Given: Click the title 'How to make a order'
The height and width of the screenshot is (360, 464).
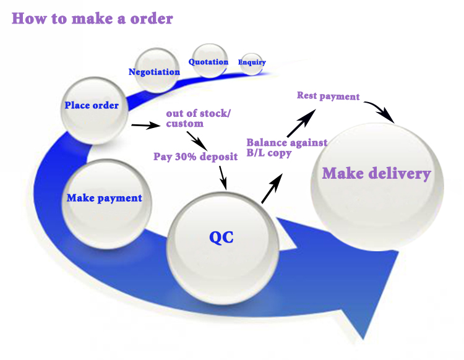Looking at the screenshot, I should (x=93, y=18).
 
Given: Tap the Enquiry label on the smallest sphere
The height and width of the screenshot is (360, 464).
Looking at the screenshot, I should (x=252, y=62).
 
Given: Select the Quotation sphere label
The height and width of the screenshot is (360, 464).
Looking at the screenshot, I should (x=208, y=62).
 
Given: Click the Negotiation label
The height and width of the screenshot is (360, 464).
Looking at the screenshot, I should (x=154, y=72).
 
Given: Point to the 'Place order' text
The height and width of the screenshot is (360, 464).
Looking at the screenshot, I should (x=92, y=105).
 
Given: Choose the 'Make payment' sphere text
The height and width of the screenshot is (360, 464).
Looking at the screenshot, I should (x=104, y=199).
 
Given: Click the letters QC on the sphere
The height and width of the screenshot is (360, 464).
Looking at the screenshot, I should (x=221, y=237).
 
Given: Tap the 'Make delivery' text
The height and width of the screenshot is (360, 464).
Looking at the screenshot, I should (x=376, y=173).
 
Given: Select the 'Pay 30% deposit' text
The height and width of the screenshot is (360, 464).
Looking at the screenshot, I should (x=195, y=156).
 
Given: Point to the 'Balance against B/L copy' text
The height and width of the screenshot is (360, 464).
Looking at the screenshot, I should (x=286, y=148).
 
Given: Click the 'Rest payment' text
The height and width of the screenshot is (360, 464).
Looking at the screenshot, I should (x=328, y=96).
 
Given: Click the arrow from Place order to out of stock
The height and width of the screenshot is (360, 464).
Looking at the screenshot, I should (x=145, y=126).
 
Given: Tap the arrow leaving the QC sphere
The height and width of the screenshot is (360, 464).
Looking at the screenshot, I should (x=272, y=188).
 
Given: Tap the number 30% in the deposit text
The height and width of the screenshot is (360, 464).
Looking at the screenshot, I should (x=186, y=156).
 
